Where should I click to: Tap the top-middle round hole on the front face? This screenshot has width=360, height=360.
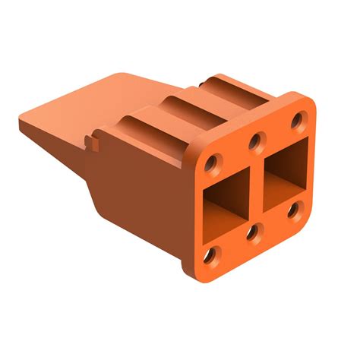point(257,140)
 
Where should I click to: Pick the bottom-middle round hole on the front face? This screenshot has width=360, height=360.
point(252,230)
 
